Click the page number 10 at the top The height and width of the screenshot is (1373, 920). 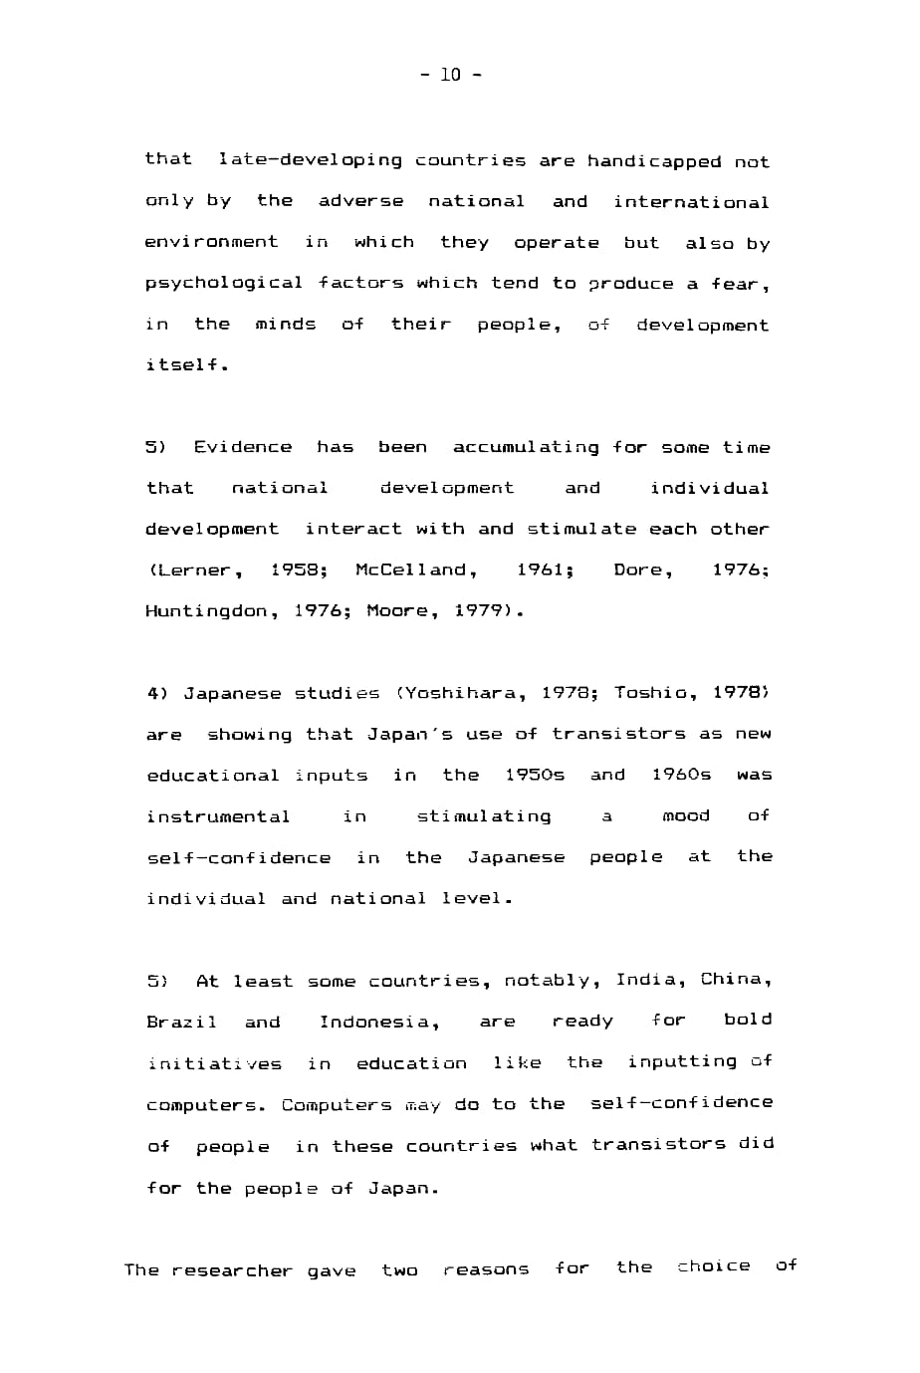[x=451, y=75]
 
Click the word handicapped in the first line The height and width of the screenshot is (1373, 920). [x=653, y=161]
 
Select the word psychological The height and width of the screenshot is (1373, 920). [x=223, y=284]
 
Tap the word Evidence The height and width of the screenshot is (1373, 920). [x=243, y=447]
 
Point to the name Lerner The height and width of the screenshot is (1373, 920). [x=195, y=571]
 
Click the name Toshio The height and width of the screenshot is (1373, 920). [x=650, y=693]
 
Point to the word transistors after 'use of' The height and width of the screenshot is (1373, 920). [x=618, y=734]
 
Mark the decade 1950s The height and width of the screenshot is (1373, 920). [x=535, y=775]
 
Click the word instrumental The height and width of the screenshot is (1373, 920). [x=218, y=816]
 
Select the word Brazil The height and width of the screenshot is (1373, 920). [x=181, y=1022]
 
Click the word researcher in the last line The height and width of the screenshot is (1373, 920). [x=231, y=1270]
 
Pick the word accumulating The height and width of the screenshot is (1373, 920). [x=526, y=447]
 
